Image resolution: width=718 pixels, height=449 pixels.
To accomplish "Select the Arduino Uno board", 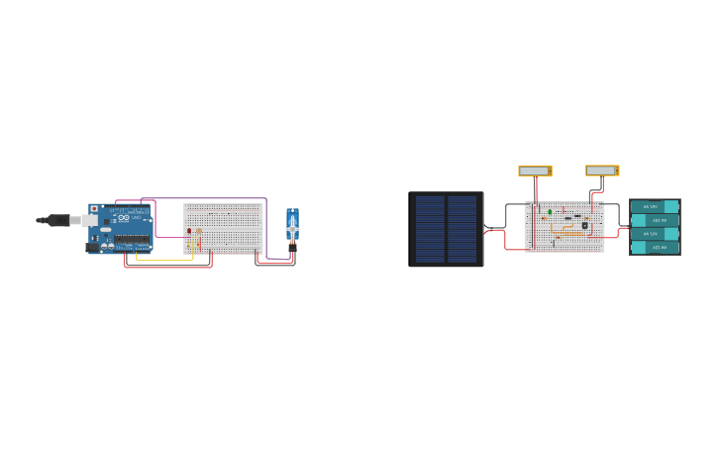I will (123, 228).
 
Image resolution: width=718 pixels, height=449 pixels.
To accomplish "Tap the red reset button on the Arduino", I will (94, 209).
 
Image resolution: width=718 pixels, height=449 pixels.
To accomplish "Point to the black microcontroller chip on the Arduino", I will (132, 239).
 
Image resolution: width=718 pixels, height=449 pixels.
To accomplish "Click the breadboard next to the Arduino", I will (224, 229).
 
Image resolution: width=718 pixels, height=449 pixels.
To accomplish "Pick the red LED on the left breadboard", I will (189, 231).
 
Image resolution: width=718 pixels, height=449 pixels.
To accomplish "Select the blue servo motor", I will (292, 226).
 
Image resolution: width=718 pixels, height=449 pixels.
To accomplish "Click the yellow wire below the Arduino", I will (163, 260).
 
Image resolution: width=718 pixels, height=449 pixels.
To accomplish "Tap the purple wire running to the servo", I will (265, 228).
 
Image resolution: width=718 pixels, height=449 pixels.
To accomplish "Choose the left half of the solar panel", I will (430, 229).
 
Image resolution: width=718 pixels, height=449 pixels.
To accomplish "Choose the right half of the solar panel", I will (462, 229).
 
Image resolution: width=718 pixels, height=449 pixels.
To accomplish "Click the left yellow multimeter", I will (535, 170).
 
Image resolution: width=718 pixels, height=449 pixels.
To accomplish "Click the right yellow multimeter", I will (602, 170).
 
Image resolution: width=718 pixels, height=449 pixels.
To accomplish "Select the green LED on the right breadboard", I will (550, 211).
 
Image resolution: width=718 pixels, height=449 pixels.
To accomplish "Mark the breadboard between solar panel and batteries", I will (564, 238).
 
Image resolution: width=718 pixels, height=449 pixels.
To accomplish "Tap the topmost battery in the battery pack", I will (655, 206).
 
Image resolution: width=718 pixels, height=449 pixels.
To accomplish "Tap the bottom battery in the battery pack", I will (655, 248).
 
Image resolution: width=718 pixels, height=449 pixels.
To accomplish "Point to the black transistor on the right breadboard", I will (584, 225).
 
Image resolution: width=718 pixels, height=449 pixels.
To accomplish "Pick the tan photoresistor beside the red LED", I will (198, 231).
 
